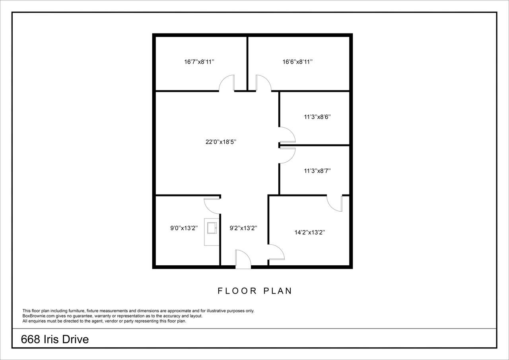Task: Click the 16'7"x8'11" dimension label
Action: [x=199, y=62]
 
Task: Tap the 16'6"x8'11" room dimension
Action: [x=297, y=62]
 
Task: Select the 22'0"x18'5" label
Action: [x=221, y=142]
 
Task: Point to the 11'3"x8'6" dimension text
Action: [x=317, y=117]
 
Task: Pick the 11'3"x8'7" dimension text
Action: [x=317, y=171]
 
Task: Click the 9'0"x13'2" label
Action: [x=184, y=228]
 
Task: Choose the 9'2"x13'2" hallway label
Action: [x=243, y=228]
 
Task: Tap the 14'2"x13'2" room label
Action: [x=310, y=232]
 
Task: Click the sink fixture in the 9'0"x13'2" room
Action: [x=212, y=228]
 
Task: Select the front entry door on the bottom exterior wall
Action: [x=243, y=259]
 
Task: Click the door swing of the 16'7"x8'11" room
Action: [x=227, y=83]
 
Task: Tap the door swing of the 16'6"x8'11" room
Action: [x=264, y=83]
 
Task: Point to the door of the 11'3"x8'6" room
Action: [x=287, y=135]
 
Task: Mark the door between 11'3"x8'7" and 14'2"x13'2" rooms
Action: [x=334, y=203]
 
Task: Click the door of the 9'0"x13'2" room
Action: [x=212, y=206]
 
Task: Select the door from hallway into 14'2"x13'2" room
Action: [x=276, y=252]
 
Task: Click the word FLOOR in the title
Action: [x=237, y=291]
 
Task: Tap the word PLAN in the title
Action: [x=278, y=291]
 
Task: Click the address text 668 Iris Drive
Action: [x=55, y=339]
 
